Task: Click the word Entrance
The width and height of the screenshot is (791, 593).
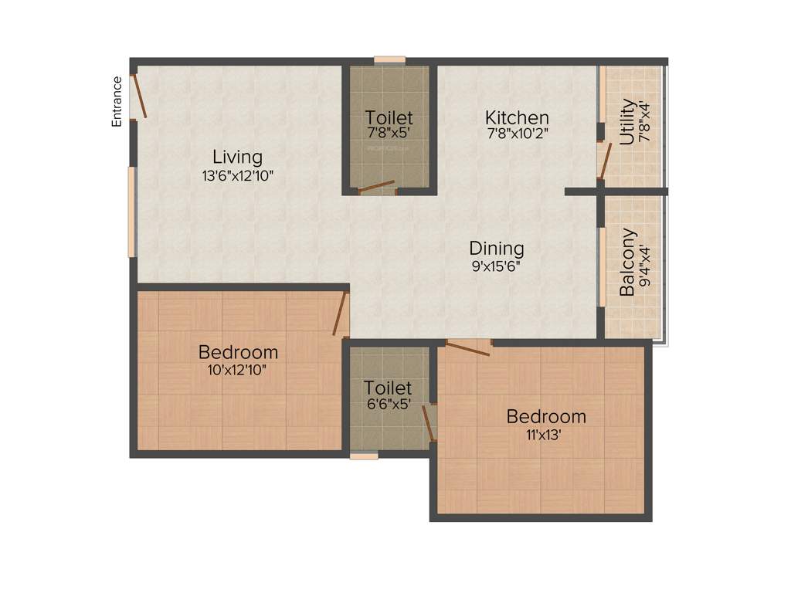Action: (x=117, y=101)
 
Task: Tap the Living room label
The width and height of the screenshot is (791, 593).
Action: (x=238, y=158)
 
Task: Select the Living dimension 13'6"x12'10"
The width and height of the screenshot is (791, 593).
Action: (x=238, y=176)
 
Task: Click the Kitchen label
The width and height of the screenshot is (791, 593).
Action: (x=517, y=118)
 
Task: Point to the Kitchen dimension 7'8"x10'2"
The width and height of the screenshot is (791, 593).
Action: (x=517, y=133)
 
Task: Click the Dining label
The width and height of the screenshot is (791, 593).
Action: (x=497, y=249)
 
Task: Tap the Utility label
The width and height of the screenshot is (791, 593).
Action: (x=627, y=122)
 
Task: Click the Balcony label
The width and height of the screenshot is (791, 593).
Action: (x=628, y=262)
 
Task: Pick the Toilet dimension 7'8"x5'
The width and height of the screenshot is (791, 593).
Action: (x=389, y=133)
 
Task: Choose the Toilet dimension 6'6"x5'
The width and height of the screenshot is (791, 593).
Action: (x=388, y=403)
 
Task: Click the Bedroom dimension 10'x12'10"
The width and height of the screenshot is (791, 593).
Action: (x=238, y=369)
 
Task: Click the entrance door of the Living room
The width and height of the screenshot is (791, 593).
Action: (x=139, y=95)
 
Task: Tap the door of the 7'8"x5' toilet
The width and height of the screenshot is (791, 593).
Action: (x=375, y=187)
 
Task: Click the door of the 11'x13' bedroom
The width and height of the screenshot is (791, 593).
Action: (x=467, y=347)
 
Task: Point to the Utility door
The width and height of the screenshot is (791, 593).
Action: (x=605, y=160)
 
